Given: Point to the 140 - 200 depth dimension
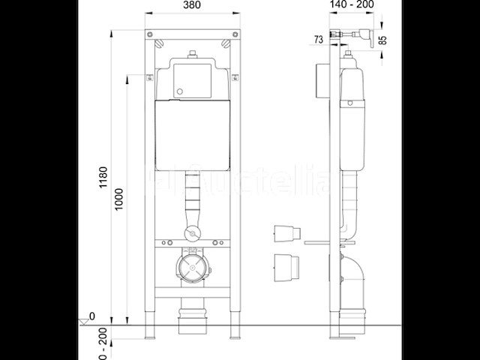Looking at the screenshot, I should point(352,4).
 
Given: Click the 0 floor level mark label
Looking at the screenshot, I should point(92,316).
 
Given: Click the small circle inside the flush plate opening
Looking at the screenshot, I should point(179,94).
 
